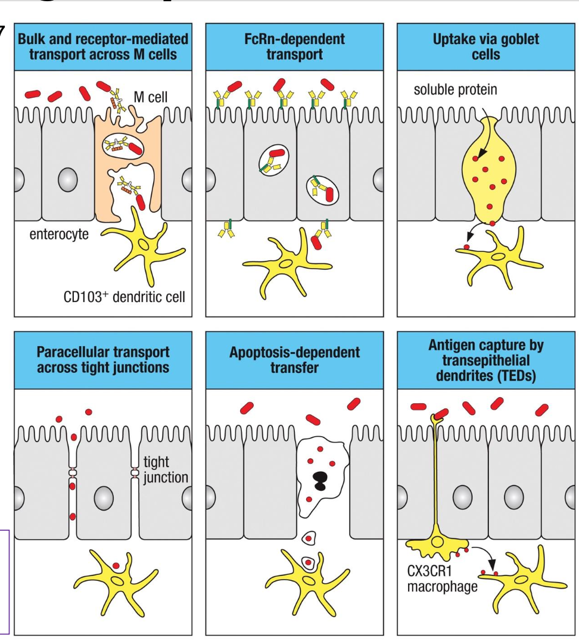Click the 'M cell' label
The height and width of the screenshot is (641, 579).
coord(152,97)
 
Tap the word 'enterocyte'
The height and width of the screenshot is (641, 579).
coord(59,234)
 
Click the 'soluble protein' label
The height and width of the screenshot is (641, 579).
coord(456,89)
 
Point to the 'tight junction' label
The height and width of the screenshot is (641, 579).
coord(166,469)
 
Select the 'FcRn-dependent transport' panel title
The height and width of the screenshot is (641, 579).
coord(295,47)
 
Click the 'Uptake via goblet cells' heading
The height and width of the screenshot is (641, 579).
coord(487,47)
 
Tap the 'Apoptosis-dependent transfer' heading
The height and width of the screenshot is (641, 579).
coord(295,359)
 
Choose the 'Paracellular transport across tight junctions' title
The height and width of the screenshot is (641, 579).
coord(103,359)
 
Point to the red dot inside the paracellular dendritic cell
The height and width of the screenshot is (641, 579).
coord(116,564)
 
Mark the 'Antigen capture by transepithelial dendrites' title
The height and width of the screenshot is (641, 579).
coord(487,359)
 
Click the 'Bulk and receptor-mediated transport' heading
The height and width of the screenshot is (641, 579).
coord(103,47)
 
